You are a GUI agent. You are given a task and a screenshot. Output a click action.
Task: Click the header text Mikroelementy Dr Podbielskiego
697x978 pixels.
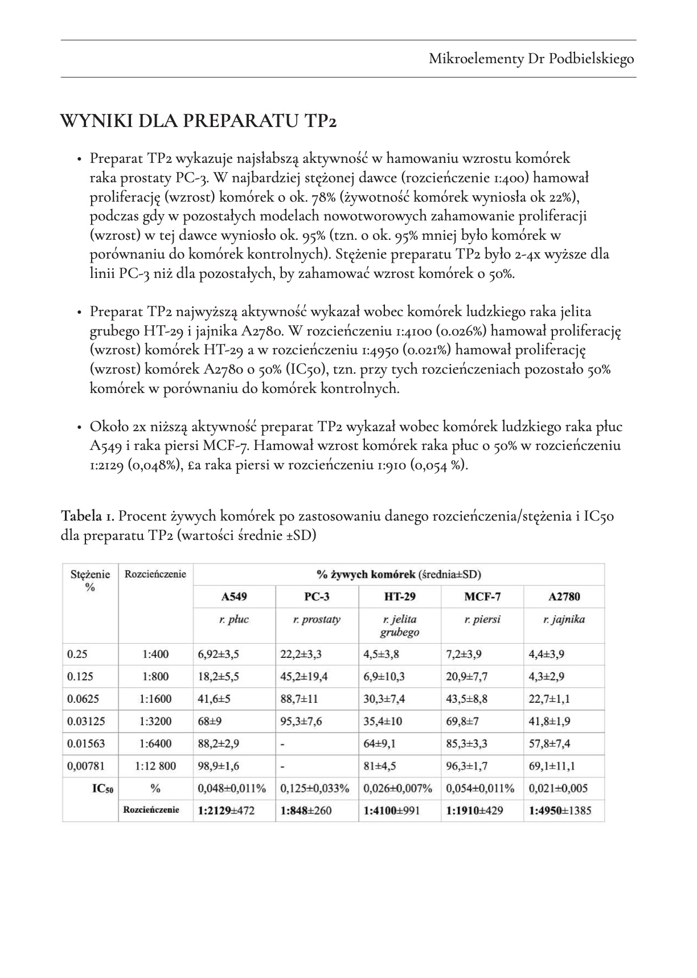(x=531, y=59)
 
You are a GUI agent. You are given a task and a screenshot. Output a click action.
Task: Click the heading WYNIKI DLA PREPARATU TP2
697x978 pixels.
(x=198, y=121)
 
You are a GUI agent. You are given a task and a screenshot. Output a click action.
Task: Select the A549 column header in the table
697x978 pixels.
(x=234, y=597)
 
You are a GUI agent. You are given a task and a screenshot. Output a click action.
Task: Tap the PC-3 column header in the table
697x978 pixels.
(x=317, y=597)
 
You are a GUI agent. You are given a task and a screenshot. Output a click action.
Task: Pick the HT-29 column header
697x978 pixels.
(x=400, y=597)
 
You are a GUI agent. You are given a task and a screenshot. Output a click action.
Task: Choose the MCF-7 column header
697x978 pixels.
(x=482, y=597)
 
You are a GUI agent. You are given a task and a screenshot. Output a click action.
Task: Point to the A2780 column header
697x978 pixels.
(x=564, y=597)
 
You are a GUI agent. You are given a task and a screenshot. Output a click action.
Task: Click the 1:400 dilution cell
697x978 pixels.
(x=155, y=654)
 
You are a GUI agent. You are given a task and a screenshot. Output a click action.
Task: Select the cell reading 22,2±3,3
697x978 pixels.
(x=305, y=654)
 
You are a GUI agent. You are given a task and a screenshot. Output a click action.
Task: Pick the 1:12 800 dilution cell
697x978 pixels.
(x=155, y=766)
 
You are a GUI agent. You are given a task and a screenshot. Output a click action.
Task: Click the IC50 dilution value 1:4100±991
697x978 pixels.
(x=392, y=811)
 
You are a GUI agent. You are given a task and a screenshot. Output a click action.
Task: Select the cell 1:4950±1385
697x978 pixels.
(x=560, y=811)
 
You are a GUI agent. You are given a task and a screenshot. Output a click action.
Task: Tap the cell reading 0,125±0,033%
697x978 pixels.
(x=315, y=789)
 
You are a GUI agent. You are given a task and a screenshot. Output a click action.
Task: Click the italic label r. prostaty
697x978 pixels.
(x=317, y=620)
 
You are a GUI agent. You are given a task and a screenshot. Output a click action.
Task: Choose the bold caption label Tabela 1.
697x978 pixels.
(x=88, y=517)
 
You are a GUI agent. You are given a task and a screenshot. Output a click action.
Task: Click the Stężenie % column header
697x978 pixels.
(x=90, y=580)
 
